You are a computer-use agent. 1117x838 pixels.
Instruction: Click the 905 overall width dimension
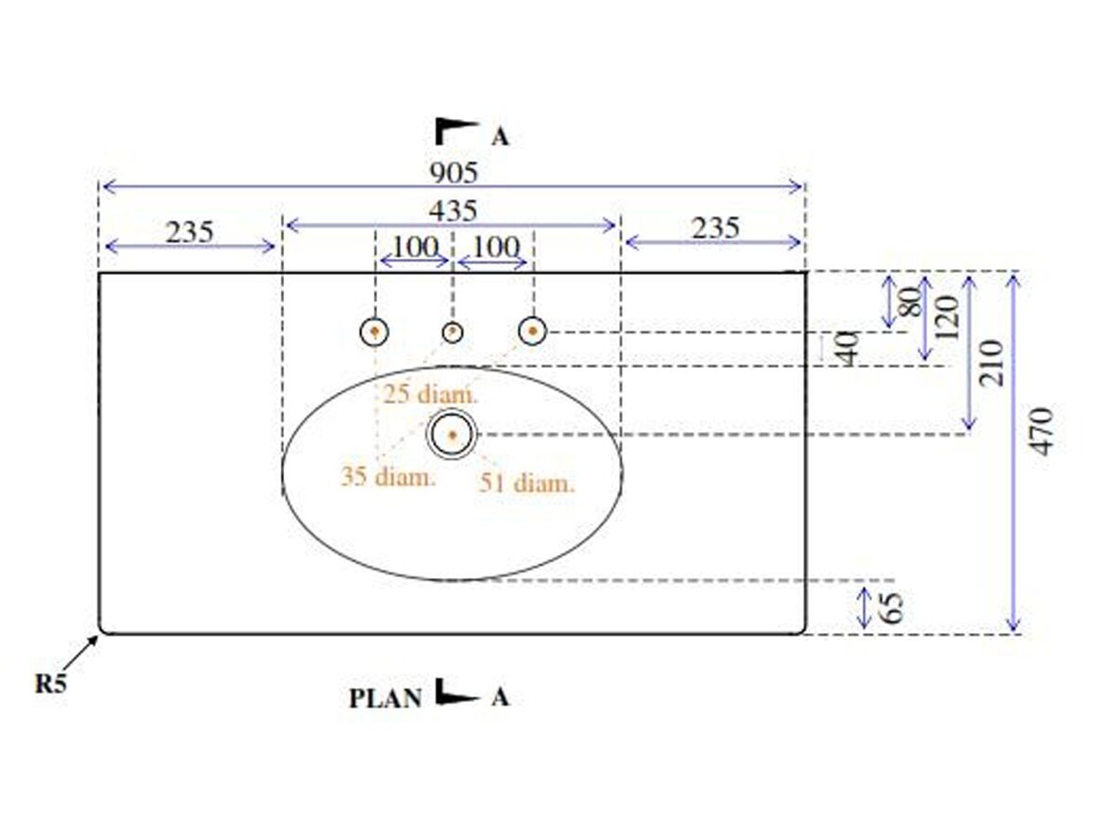point(454,172)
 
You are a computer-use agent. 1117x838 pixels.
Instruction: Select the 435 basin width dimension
point(453,210)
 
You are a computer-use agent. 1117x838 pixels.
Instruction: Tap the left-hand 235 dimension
point(189,232)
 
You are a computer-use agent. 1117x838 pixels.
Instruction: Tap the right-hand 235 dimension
point(715,227)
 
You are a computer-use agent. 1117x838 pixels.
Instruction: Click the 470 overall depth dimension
point(1040,431)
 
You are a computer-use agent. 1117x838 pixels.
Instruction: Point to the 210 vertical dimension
point(990,363)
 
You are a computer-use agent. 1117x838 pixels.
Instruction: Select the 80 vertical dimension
point(909,302)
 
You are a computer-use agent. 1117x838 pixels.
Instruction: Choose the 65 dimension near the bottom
point(892,607)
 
